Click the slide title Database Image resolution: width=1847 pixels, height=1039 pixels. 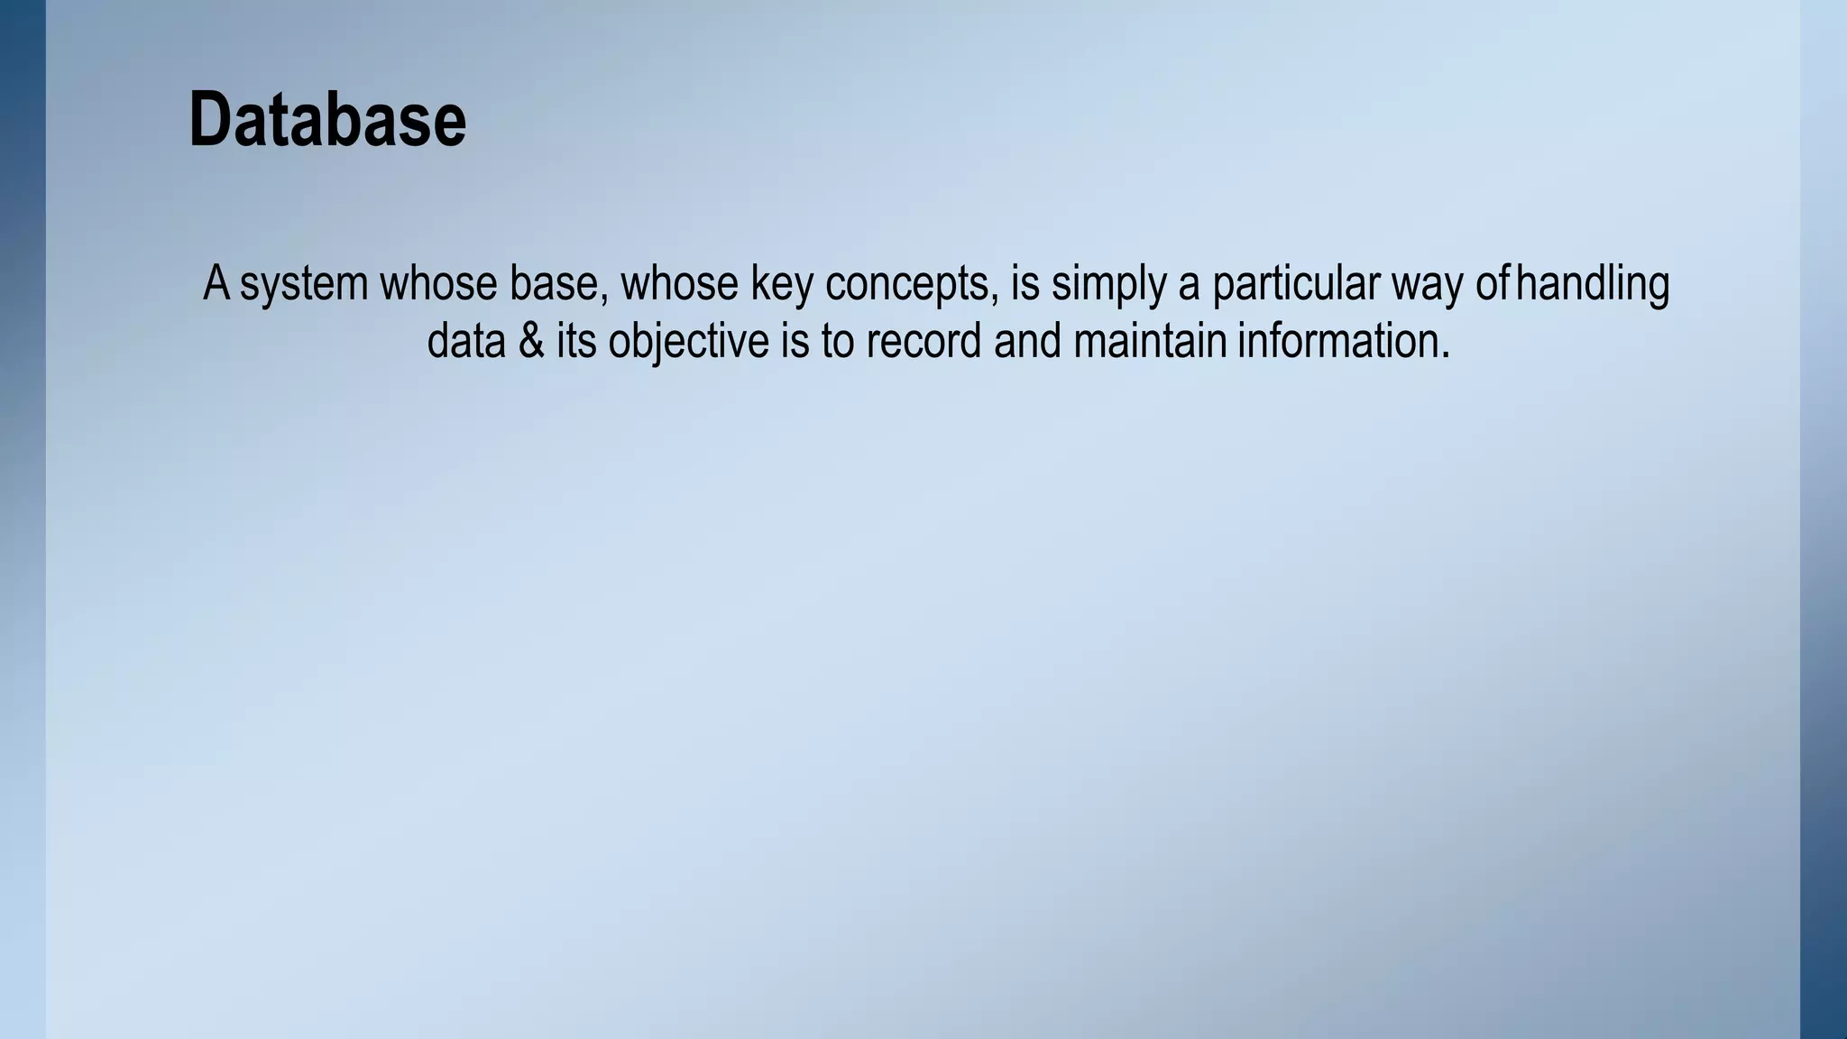click(x=327, y=120)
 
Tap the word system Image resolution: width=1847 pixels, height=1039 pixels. click(x=304, y=284)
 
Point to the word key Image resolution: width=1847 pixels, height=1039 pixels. click(x=781, y=284)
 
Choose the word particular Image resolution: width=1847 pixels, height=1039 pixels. click(x=1295, y=284)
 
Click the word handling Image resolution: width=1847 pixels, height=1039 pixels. click(x=1593, y=284)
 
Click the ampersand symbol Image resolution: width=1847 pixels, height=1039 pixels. click(x=531, y=342)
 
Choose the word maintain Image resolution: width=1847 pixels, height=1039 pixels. click(x=1150, y=342)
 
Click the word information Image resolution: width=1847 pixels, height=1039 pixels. click(x=1343, y=342)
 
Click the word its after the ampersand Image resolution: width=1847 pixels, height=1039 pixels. click(x=575, y=342)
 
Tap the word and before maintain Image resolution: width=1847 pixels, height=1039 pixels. click(x=1027, y=342)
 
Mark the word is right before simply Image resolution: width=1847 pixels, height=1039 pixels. click(x=1025, y=284)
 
